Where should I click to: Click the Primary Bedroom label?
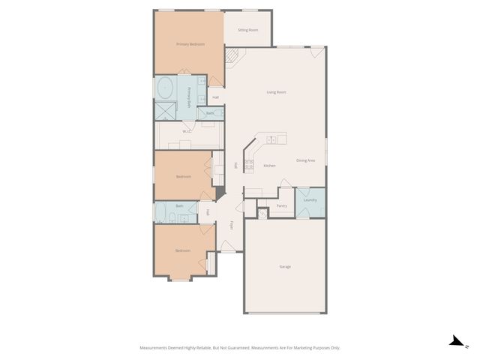190,44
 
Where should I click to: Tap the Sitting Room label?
247,30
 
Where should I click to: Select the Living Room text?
277,92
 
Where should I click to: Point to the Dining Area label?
305,160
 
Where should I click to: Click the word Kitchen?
269,166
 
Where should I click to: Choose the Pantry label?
282,205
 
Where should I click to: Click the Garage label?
285,267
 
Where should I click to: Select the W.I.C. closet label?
187,132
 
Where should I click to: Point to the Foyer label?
232,224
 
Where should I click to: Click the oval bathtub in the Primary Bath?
165,88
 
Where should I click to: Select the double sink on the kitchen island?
273,139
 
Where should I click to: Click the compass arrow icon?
455,341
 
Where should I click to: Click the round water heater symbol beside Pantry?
262,214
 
